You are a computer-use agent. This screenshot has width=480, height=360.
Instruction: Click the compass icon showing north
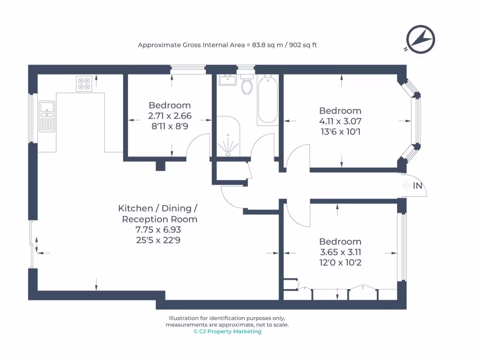pyautogui.click(x=420, y=39)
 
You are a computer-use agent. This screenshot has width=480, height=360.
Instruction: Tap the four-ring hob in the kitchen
pyautogui.click(x=84, y=83)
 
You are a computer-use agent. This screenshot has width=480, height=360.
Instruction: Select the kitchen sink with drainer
pyautogui.click(x=47, y=116)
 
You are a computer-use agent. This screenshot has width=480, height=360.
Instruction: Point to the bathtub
pyautogui.click(x=267, y=99)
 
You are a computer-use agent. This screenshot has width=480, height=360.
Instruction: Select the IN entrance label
pyautogui.click(x=418, y=186)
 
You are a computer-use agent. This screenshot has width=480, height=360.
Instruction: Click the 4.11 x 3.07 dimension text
pyautogui.click(x=340, y=121)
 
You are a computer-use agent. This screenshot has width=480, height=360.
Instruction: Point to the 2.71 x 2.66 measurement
pyautogui.click(x=170, y=116)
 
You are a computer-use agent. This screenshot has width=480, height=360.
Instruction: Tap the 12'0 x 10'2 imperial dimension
pyautogui.click(x=340, y=262)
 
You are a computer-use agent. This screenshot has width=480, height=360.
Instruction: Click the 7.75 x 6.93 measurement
pyautogui.click(x=158, y=230)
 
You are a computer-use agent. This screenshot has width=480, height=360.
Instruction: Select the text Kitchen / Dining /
pyautogui.click(x=158, y=208)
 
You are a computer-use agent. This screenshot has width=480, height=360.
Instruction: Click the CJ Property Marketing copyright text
pyautogui.click(x=227, y=331)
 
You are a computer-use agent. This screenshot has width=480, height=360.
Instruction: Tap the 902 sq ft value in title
pyautogui.click(x=304, y=45)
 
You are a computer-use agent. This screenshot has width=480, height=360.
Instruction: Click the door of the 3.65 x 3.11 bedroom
pyautogui.click(x=296, y=213)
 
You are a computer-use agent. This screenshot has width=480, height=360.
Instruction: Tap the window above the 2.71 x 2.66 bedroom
pyautogui.click(x=188, y=69)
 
